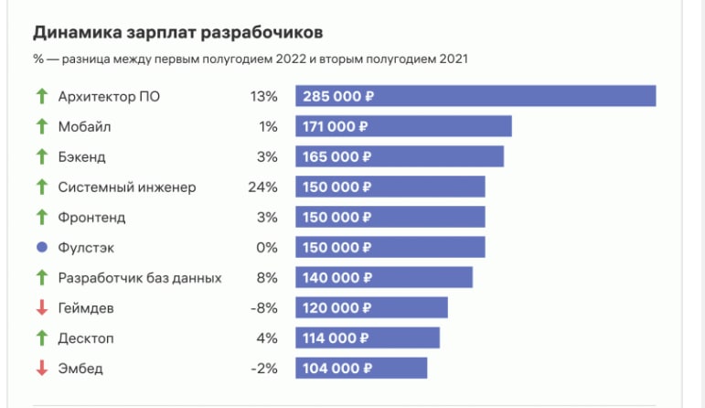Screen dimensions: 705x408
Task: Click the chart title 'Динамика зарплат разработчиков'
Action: click(177, 33)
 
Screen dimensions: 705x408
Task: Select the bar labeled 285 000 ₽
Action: click(475, 96)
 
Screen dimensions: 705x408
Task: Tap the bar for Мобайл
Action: click(403, 126)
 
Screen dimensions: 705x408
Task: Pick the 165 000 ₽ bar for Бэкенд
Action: click(400, 156)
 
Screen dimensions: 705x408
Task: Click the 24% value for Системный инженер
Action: click(262, 187)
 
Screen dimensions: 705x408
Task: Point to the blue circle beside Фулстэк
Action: click(42, 247)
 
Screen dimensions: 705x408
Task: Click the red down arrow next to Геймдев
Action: click(42, 307)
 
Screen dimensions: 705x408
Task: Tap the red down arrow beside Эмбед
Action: click(42, 368)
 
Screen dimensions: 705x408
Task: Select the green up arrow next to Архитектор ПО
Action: click(42, 96)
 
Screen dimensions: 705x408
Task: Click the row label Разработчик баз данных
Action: click(140, 278)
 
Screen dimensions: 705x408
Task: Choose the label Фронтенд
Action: click(91, 218)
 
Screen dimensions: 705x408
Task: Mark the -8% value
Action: click(264, 307)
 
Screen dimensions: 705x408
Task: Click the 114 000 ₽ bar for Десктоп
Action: click(368, 338)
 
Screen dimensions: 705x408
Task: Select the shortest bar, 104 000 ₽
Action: click(361, 368)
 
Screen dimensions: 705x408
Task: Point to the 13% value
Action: click(264, 96)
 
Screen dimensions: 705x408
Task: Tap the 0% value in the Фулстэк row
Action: click(267, 247)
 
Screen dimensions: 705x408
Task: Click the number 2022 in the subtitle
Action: click(291, 59)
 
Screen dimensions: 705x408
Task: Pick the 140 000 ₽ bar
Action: click(384, 277)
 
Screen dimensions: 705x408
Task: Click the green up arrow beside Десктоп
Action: click(42, 338)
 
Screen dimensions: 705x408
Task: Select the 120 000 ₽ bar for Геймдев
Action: click(371, 307)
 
